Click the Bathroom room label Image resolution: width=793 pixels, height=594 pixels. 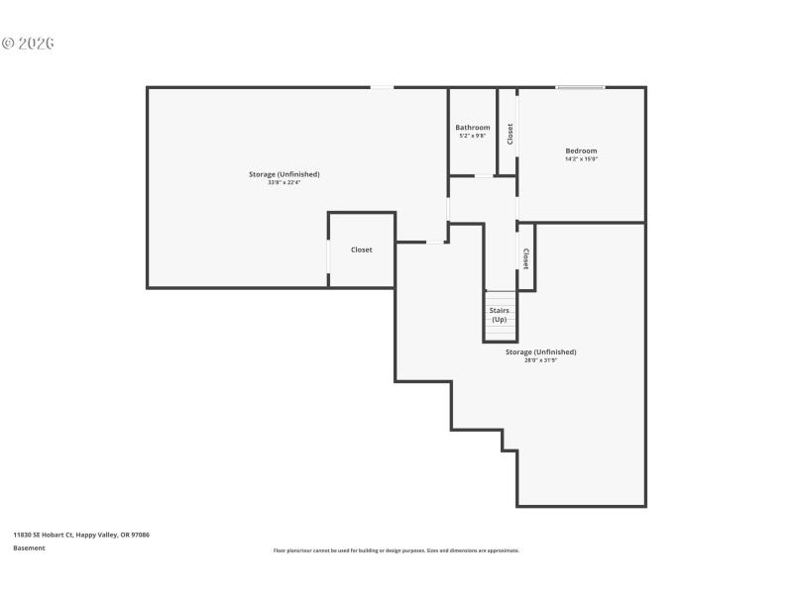(x=472, y=128)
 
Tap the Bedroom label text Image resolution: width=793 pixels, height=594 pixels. (x=581, y=150)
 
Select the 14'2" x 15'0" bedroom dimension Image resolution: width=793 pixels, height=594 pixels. (x=581, y=159)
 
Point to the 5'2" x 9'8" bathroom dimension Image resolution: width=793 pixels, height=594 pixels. (x=472, y=137)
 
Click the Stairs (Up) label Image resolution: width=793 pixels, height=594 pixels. (x=500, y=315)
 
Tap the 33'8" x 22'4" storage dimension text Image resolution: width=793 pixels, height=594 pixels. (x=283, y=183)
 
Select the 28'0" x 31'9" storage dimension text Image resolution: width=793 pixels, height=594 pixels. (x=540, y=360)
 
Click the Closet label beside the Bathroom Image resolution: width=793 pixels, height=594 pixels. (x=510, y=133)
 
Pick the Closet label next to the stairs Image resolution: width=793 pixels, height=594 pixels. (x=525, y=258)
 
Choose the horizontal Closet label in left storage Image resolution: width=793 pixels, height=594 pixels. (x=362, y=249)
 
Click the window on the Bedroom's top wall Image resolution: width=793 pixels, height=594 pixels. (x=580, y=88)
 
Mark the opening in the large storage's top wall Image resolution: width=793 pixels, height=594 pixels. (x=382, y=88)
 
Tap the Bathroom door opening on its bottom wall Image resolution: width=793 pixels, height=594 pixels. (x=486, y=176)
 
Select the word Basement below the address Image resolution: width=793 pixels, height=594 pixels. (x=29, y=548)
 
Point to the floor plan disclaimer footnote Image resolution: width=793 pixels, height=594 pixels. (x=396, y=550)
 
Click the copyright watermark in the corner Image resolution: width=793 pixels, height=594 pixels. (x=28, y=44)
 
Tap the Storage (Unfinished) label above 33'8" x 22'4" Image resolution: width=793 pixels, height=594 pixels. (x=283, y=174)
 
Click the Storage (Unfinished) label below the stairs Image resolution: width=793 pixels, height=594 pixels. (x=540, y=351)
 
